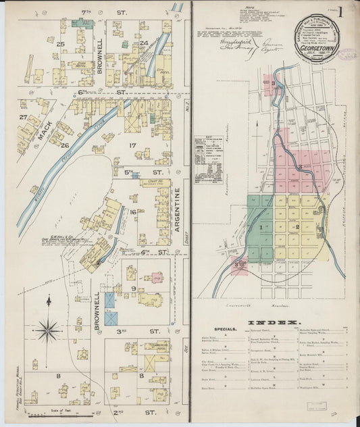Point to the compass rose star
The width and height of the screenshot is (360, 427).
tap(48, 330)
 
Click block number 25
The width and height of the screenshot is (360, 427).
tap(61, 45)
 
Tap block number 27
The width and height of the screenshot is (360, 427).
tap(23, 117)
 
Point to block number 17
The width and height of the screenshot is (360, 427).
tap(133, 145)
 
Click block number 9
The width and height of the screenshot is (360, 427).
tap(134, 288)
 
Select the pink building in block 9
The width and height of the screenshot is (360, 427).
tap(157, 277)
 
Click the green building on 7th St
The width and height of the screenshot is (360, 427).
tap(83, 23)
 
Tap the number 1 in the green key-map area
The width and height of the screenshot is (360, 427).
tap(260, 228)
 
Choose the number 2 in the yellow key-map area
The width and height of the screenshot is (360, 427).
tap(297, 226)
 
